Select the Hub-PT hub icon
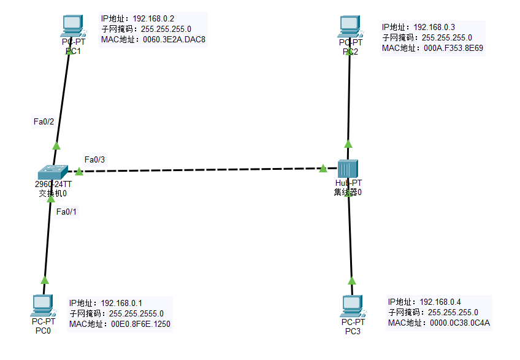coord(348,168)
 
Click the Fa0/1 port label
coord(66,212)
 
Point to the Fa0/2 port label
coord(44,121)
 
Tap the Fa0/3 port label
coord(94,159)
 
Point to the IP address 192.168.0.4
coord(440,302)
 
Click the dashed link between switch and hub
coord(202,169)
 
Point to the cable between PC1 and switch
coord(63,98)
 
